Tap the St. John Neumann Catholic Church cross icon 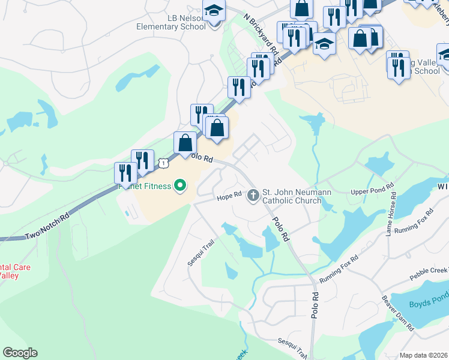coord(253,195)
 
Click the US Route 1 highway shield coord(163,163)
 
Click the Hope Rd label coord(229,196)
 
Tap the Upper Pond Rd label coord(372,191)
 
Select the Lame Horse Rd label coord(391,213)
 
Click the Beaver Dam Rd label coord(398,313)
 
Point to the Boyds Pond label coord(429,304)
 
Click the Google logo coord(20,353)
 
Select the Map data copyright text coord(424,355)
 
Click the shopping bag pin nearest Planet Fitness coord(185,143)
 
